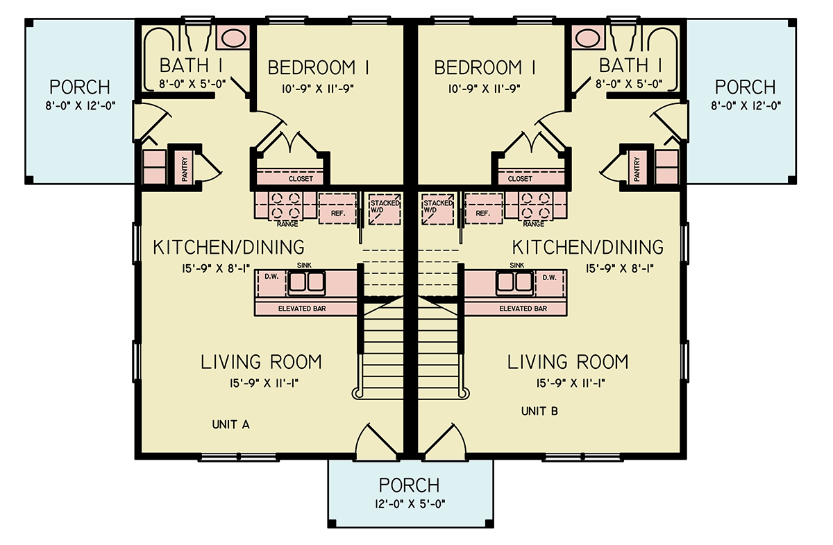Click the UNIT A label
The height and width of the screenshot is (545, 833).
point(230,425)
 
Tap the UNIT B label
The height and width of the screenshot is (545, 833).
point(539,411)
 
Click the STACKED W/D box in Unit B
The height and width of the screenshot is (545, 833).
point(437,208)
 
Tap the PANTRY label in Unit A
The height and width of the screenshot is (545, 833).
point(185,168)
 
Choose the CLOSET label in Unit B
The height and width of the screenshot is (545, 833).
point(520,179)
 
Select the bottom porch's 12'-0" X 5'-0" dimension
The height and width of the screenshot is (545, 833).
point(409,502)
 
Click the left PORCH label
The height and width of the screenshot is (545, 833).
point(80,87)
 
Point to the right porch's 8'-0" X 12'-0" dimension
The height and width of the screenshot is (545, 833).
point(745,106)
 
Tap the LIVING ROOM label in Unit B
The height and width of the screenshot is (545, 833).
point(567,362)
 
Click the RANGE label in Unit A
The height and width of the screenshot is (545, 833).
point(287,224)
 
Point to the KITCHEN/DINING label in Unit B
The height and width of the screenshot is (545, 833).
point(587,247)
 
